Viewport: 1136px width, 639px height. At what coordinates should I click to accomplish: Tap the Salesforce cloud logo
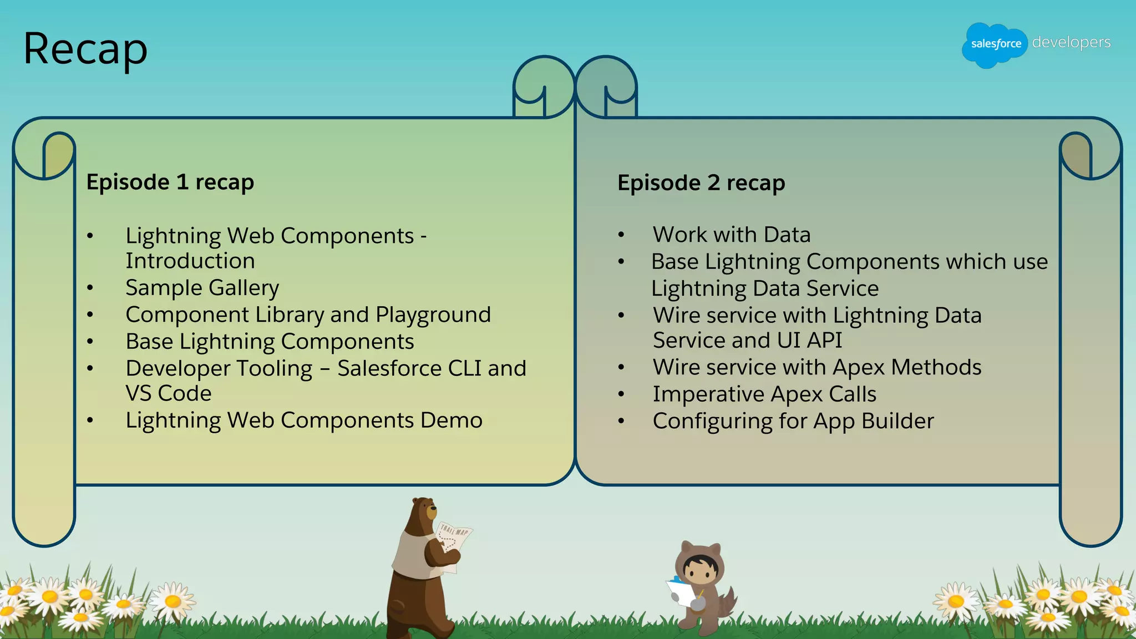(995, 44)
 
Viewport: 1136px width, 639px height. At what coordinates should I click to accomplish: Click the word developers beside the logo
(1071, 42)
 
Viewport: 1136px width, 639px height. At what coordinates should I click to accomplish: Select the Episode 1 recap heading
(170, 182)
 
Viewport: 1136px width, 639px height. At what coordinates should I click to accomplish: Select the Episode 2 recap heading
(701, 183)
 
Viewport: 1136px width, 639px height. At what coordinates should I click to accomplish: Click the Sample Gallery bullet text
(202, 288)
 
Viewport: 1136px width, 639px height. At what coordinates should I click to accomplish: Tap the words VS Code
(169, 394)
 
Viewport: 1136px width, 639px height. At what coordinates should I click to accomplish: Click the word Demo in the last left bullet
(451, 420)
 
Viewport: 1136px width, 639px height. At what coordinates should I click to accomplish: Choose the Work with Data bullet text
(731, 235)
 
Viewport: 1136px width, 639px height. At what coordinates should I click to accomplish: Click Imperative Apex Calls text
(764, 394)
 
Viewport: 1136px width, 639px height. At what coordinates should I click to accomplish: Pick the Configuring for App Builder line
(793, 422)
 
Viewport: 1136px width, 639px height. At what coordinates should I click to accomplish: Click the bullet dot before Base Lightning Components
(90, 342)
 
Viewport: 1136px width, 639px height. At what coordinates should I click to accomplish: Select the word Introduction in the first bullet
(190, 261)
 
